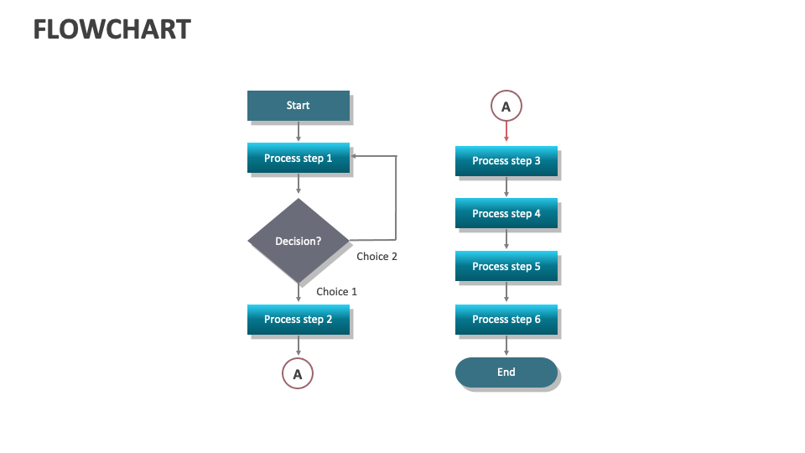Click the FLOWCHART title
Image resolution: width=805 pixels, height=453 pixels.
(x=112, y=30)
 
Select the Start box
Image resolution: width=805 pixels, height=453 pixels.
(x=298, y=106)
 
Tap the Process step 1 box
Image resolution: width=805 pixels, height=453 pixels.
(x=298, y=158)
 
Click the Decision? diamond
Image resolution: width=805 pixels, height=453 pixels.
(x=298, y=241)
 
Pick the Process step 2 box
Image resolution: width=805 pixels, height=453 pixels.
(x=298, y=320)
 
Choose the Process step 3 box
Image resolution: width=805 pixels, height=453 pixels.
(x=506, y=161)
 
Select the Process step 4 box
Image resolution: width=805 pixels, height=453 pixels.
(x=506, y=214)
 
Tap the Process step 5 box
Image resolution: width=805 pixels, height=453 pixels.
(x=506, y=267)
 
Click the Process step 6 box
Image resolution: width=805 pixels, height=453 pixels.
(x=506, y=320)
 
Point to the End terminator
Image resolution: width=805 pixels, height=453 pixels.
(x=506, y=372)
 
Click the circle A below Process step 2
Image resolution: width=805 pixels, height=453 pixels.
(x=298, y=373)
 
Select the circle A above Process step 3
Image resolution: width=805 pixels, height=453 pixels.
(x=506, y=107)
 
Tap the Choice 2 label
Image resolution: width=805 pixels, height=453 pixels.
(x=377, y=257)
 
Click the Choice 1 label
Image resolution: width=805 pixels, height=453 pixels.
(x=336, y=292)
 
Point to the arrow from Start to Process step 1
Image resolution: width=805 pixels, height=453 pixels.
(x=298, y=131)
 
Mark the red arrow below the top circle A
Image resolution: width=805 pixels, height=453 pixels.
(x=506, y=133)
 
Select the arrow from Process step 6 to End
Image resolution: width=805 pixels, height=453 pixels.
(x=506, y=346)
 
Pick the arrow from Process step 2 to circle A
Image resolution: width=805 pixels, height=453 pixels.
(x=298, y=346)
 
